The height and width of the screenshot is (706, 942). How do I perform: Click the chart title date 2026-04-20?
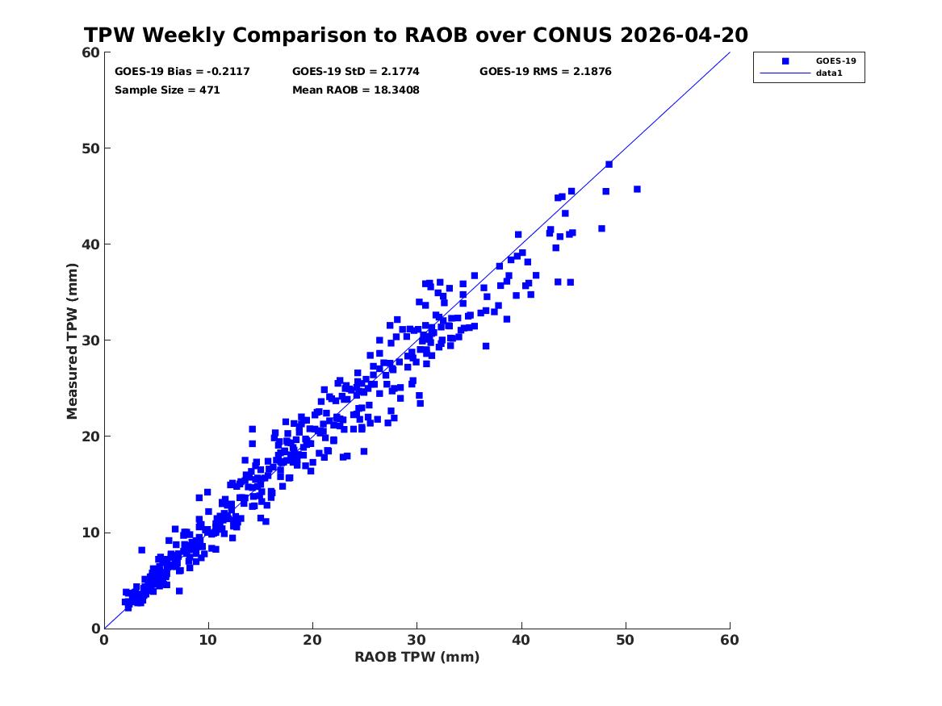click(x=685, y=35)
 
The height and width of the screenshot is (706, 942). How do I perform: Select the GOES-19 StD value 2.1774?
click(x=400, y=72)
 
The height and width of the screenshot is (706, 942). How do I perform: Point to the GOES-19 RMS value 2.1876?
click(x=592, y=72)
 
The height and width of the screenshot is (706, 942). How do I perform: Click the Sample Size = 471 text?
click(x=167, y=90)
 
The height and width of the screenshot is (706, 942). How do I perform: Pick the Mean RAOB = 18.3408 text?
click(x=356, y=90)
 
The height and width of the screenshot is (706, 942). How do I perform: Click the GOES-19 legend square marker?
click(x=785, y=61)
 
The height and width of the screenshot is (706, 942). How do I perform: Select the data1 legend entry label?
click(x=829, y=73)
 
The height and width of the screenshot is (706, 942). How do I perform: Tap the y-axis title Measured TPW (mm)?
click(x=72, y=341)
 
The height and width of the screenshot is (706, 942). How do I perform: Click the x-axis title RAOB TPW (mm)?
click(x=417, y=657)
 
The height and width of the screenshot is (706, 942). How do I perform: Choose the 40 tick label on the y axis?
click(x=90, y=244)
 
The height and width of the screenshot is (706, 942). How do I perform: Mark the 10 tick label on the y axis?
click(x=90, y=533)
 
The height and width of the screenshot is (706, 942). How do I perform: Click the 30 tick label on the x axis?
click(x=417, y=640)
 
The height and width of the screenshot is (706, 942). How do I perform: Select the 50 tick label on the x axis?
click(x=626, y=640)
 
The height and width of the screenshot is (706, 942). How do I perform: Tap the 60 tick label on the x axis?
click(x=730, y=640)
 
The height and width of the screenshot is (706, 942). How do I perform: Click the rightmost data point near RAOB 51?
click(x=637, y=189)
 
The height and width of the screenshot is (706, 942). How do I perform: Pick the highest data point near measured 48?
click(x=609, y=164)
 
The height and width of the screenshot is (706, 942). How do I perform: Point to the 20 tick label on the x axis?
click(x=312, y=640)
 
